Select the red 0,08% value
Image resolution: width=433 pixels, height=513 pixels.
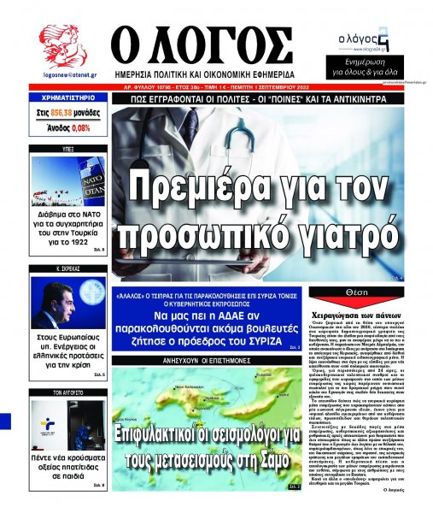[80, 127]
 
